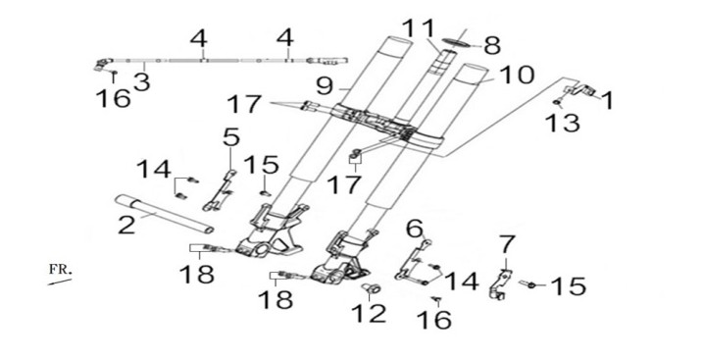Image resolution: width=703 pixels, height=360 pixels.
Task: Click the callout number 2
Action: [126, 225]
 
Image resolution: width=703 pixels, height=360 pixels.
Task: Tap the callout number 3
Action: [141, 82]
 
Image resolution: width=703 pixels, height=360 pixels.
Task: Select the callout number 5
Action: [231, 137]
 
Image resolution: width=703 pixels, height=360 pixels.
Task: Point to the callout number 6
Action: [415, 229]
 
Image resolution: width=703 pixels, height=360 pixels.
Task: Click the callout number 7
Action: [507, 244]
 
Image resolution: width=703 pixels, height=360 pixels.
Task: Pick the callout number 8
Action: [492, 45]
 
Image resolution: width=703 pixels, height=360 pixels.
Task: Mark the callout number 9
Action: [325, 86]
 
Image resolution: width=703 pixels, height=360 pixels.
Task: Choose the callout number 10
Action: [517, 76]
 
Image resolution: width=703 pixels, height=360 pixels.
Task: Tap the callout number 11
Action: [419, 28]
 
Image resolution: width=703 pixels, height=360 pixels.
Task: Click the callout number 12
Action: [369, 313]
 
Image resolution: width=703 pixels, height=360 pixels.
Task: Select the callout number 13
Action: [563, 123]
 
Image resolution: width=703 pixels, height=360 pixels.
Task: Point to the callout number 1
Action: [607, 100]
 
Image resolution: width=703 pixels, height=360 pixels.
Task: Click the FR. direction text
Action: [60, 270]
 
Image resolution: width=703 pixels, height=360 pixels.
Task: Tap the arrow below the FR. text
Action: [60, 282]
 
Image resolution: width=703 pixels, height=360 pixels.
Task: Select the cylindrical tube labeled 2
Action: [164, 214]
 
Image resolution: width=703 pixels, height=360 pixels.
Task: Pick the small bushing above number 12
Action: [372, 288]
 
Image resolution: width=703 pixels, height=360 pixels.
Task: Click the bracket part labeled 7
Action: [500, 283]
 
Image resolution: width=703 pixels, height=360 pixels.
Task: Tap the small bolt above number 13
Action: [557, 103]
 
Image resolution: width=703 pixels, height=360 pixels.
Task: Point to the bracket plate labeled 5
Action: [220, 190]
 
